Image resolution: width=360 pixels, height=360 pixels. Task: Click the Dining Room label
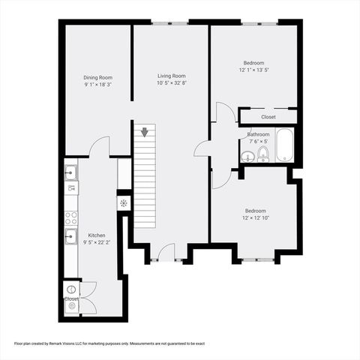[97, 76]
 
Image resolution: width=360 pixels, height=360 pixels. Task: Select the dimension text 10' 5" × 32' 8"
[171, 84]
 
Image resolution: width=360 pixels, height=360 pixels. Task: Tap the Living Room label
[171, 76]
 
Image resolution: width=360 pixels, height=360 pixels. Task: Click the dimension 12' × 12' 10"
[253, 218]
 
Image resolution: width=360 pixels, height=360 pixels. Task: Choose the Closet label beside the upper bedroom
[268, 117]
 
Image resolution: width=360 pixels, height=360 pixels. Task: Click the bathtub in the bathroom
[285, 145]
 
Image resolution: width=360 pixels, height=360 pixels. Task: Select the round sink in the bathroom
[247, 157]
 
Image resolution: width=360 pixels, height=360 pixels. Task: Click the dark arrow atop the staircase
[145, 132]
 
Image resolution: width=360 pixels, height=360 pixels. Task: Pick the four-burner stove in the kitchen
[72, 217]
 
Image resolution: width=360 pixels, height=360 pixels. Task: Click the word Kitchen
[97, 235]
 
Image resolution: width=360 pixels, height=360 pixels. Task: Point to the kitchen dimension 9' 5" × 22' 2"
[97, 242]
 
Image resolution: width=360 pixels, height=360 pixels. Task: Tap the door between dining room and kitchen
[99, 148]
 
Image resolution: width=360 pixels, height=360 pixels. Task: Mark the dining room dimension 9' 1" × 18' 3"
[97, 84]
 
